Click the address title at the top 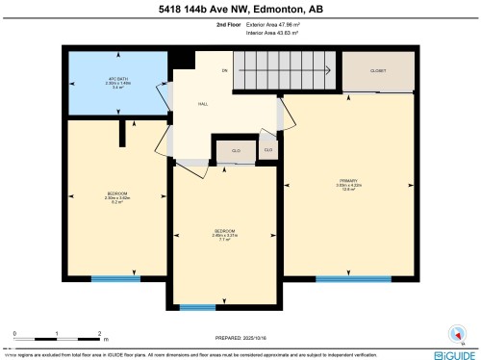tap(240, 11)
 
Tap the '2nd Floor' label tap(229, 27)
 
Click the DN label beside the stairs tap(225, 69)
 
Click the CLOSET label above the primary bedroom tap(377, 69)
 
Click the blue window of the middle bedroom tap(196, 307)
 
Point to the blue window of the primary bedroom tap(346, 278)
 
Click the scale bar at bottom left tap(57, 338)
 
